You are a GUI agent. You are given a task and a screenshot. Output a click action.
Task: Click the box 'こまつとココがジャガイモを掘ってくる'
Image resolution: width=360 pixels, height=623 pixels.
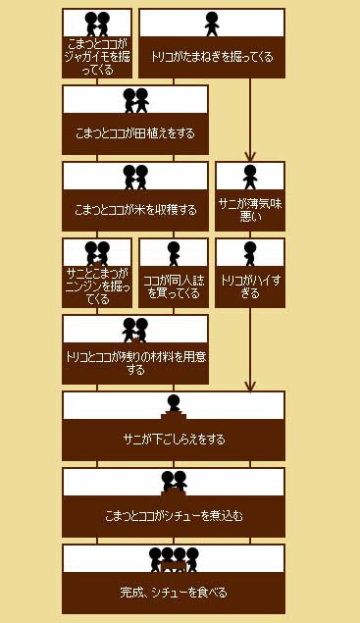97,43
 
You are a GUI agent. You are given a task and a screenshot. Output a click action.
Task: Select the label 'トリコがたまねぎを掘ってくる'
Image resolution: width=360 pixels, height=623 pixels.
212,57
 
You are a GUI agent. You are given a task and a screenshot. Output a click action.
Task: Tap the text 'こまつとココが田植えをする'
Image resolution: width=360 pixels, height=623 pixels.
135,133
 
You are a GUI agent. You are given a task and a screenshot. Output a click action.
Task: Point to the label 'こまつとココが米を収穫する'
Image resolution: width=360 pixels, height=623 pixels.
135,210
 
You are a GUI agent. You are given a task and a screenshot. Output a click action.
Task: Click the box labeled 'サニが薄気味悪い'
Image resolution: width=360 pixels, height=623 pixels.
250,196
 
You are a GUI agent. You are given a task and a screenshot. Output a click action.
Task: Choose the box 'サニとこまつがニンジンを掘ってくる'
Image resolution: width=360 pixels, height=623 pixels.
97,273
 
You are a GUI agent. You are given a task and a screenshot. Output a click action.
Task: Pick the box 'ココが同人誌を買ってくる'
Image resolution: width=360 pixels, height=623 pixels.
174,273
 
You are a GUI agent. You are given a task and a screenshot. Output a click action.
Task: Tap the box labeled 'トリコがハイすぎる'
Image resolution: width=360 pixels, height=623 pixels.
250,273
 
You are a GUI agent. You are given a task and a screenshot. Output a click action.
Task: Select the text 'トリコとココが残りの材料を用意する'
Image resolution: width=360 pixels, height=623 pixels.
135,363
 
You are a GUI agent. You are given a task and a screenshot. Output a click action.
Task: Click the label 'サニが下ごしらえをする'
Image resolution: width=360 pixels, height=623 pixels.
174,440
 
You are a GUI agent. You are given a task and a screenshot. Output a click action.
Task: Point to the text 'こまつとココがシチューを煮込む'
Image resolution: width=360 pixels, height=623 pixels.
174,516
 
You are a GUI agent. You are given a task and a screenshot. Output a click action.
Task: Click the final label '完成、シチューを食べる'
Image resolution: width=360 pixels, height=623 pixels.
174,593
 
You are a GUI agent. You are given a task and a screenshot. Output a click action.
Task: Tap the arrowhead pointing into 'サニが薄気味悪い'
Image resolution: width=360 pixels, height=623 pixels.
250,157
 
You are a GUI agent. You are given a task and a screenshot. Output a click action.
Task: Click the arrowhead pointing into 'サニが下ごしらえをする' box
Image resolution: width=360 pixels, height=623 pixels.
250,387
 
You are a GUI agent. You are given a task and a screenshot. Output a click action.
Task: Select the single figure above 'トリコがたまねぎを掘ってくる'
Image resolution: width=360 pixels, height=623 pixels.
212,24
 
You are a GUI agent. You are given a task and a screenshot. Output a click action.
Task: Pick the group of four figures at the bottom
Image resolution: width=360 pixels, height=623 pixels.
174,560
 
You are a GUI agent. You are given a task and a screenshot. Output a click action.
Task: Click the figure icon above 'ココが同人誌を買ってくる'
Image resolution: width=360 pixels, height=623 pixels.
174,253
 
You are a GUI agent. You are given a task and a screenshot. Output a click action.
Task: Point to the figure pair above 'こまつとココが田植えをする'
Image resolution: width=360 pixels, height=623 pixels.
135,100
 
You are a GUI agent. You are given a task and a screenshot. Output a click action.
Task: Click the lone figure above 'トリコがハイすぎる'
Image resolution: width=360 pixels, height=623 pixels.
250,253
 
